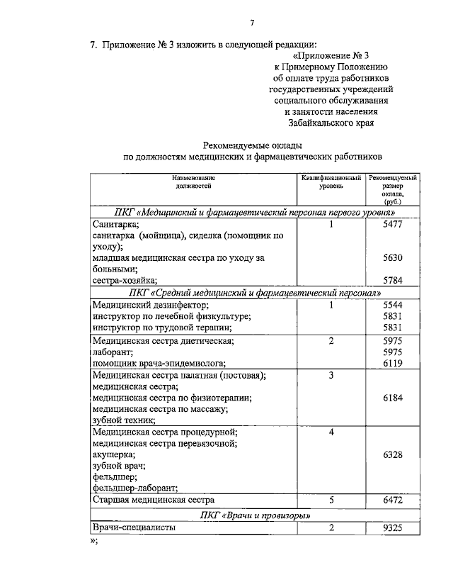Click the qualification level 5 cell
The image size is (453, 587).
[331, 500]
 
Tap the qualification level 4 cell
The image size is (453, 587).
[331, 432]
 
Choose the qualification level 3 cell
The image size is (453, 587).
[331, 374]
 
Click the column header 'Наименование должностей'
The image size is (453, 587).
[193, 181]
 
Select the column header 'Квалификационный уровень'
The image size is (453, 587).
[331, 181]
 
